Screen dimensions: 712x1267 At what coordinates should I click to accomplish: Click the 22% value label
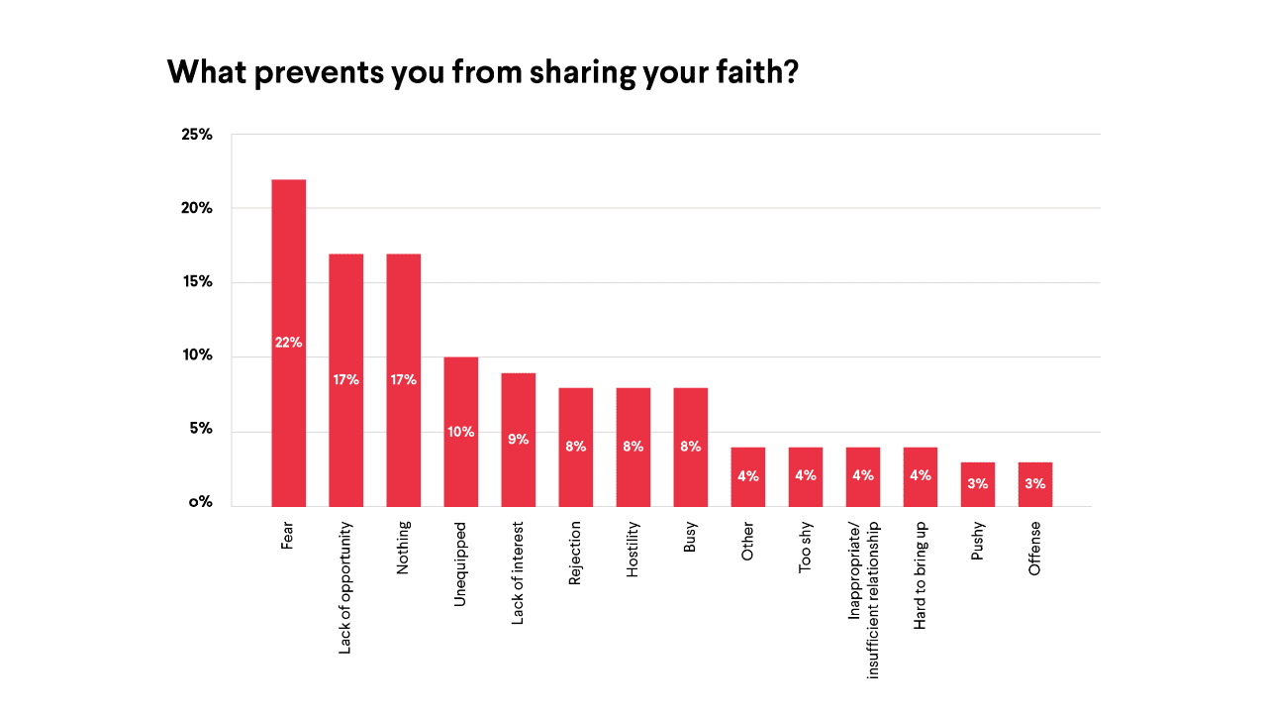(288, 343)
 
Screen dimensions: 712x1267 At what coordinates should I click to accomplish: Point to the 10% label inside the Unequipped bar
(460, 432)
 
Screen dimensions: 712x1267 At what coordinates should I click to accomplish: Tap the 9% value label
(518, 438)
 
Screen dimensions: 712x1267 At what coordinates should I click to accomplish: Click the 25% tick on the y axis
(197, 134)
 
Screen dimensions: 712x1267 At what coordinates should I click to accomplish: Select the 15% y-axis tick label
(197, 282)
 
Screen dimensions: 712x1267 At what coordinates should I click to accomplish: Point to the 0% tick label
(202, 502)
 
